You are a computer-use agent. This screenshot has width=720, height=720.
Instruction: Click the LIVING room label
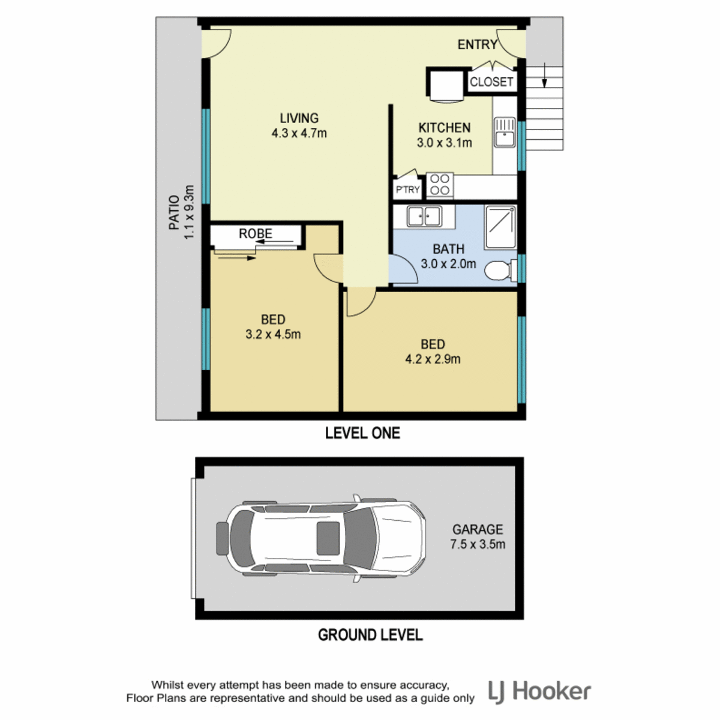click(299, 118)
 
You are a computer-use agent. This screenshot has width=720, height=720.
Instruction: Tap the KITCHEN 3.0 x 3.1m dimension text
click(444, 143)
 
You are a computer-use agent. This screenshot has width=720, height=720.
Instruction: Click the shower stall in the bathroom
click(500, 227)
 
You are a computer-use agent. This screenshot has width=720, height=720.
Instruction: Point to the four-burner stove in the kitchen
click(440, 185)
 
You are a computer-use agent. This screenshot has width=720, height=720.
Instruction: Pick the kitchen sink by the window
click(505, 132)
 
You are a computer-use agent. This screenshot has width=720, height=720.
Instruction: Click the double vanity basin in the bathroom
click(424, 216)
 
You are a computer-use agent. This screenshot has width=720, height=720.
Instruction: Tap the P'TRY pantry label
click(407, 190)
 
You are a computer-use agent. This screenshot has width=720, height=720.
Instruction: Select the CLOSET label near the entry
click(491, 82)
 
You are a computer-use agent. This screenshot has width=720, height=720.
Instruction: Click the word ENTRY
click(478, 45)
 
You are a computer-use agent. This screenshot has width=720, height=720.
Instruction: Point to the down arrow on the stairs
click(544, 76)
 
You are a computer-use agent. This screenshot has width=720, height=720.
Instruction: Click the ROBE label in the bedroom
click(256, 233)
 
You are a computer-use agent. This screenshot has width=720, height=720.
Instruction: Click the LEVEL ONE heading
click(362, 433)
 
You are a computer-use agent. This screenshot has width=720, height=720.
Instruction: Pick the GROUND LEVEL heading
click(370, 635)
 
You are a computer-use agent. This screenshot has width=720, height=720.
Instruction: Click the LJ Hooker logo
click(539, 692)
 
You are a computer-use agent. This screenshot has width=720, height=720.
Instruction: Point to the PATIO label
click(174, 212)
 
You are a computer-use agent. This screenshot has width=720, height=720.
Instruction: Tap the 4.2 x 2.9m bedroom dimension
click(433, 359)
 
